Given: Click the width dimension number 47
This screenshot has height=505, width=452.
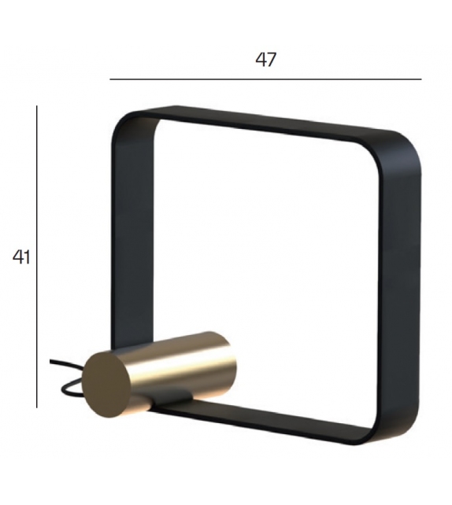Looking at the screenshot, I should pos(266,60).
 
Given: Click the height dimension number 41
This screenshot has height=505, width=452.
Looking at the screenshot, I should pos(21,257).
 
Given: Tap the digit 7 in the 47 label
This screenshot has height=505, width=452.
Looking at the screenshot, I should pos(272,60).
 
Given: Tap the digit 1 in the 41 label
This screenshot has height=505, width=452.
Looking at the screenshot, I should pos(27,257).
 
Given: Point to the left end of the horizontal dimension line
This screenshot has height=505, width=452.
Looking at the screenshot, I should pos(110,79).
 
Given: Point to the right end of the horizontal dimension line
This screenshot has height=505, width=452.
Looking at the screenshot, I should pos(421,79).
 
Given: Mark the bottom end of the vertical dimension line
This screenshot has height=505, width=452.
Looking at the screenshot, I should pos(36,407).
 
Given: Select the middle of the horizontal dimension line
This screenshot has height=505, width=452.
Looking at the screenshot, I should pos(266,79).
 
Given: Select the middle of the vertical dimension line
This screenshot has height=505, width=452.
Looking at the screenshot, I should pos(36,257).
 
